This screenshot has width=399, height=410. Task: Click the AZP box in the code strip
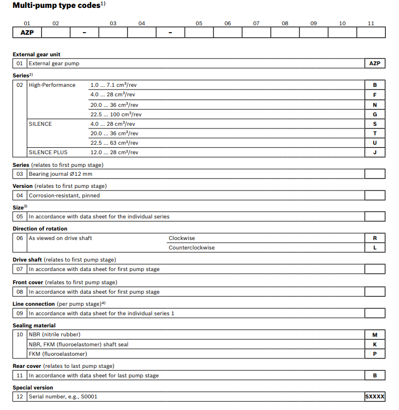[27, 32]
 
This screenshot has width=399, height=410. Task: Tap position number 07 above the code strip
[256, 23]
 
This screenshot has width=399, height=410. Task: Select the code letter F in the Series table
[375, 95]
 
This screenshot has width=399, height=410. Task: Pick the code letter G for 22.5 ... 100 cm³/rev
[375, 114]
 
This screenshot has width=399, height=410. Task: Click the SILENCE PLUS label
[48, 153]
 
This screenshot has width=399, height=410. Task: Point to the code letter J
[375, 153]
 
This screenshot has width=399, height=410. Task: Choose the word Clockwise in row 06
[182, 238]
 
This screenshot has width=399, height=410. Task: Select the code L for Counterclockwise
[375, 247]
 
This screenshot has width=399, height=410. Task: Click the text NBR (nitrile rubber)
[54, 334]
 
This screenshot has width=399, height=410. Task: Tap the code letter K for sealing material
[375, 344]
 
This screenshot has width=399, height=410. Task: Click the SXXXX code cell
[375, 397]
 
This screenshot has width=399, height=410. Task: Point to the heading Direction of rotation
[40, 228]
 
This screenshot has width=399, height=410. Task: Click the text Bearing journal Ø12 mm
[61, 174]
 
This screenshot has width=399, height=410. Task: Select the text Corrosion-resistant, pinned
[64, 195]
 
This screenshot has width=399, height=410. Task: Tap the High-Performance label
[52, 85]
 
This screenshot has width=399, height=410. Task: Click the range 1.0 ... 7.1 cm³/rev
[114, 85]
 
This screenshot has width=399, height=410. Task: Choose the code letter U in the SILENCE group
[375, 143]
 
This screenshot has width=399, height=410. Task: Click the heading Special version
[33, 387]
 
